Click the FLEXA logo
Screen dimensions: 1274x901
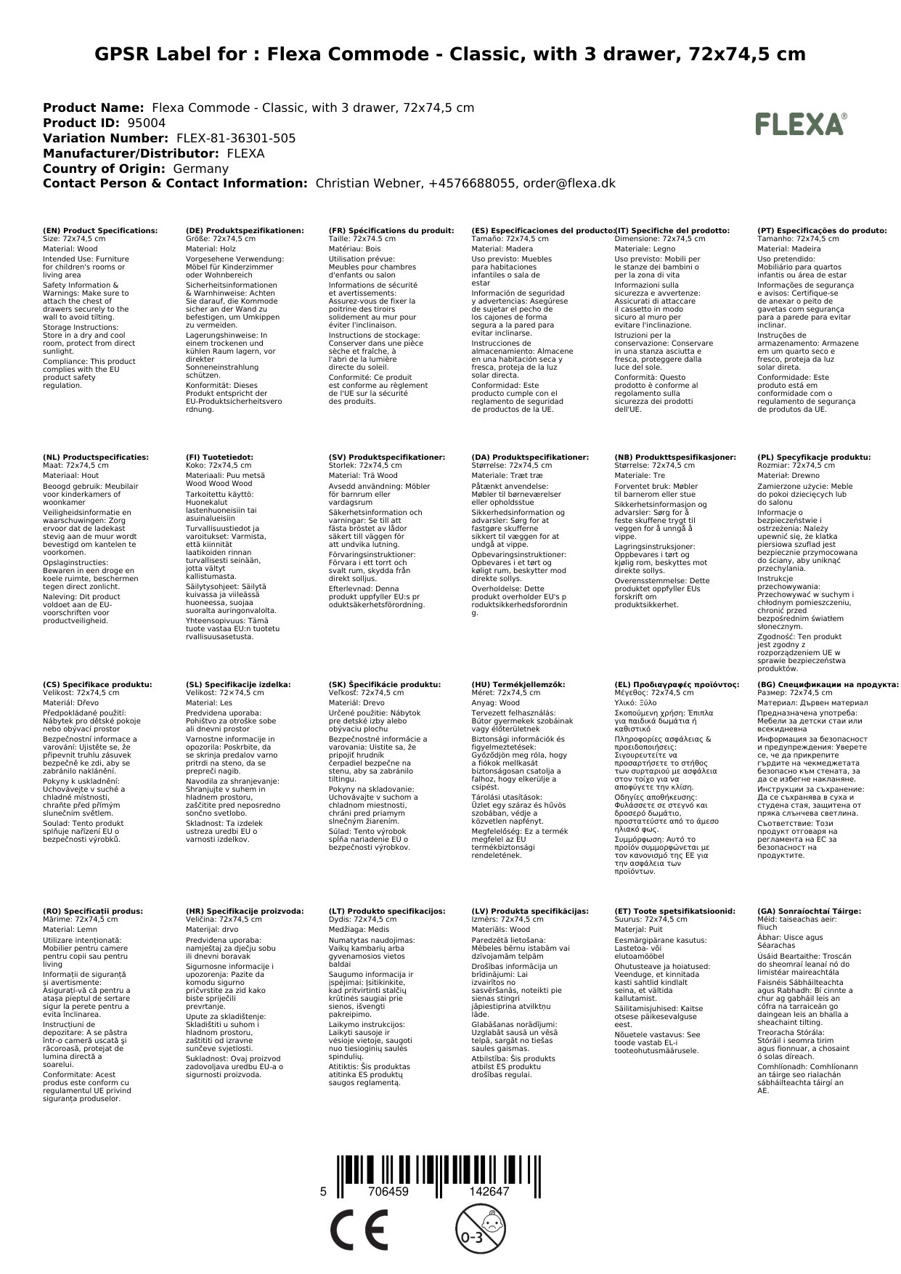801,124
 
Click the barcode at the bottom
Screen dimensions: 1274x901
439,1174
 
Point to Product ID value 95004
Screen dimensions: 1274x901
146,123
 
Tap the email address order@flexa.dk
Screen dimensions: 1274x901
568,184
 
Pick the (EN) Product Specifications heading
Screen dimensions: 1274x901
100,230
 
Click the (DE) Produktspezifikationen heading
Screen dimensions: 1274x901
245,230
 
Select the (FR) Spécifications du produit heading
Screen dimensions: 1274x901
391,230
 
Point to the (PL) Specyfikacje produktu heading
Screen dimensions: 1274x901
814,458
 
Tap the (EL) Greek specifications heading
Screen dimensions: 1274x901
677,684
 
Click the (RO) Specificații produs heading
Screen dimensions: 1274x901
93,911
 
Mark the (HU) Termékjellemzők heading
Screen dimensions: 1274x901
518,684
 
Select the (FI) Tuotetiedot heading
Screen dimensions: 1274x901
219,458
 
